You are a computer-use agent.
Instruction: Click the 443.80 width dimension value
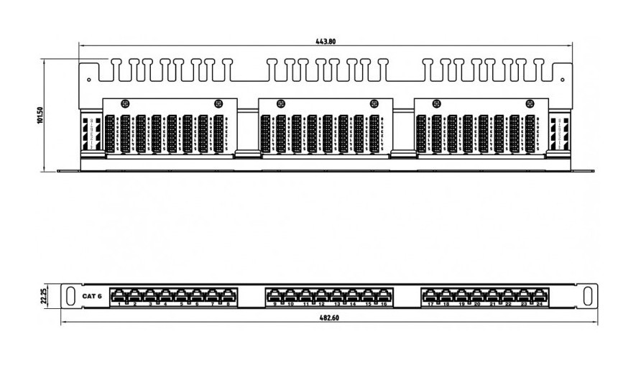click(x=325, y=42)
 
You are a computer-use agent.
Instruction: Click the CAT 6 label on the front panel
click(x=92, y=296)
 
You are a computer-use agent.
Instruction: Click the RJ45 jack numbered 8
click(x=229, y=295)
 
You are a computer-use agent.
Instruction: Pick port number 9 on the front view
click(x=274, y=295)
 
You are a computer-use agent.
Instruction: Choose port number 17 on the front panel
click(x=429, y=295)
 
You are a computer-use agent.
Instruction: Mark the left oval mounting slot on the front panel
click(x=72, y=295)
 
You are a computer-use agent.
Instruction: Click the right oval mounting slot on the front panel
click(x=587, y=295)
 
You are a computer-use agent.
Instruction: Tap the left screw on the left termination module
click(x=125, y=103)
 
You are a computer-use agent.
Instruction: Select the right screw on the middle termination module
click(x=374, y=103)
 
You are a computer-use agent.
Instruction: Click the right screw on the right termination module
click(x=530, y=103)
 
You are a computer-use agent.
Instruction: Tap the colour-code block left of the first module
click(x=91, y=133)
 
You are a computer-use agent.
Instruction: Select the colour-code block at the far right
click(x=558, y=133)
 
